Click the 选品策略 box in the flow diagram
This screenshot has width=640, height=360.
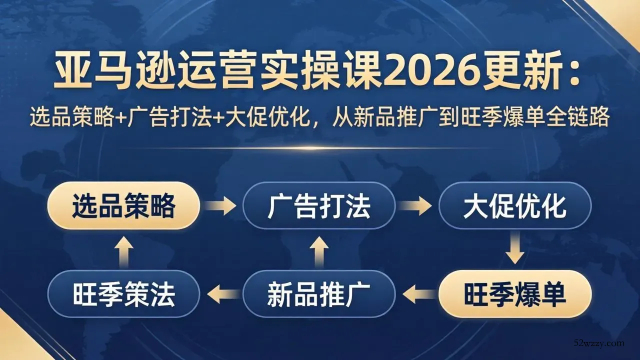(123, 205)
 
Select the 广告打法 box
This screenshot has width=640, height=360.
(318, 205)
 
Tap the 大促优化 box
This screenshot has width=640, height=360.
(514, 205)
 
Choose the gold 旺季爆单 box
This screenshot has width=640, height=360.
(514, 294)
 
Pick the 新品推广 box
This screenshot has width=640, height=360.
(318, 294)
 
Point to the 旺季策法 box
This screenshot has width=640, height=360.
(123, 294)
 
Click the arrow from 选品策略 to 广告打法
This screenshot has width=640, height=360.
(221, 205)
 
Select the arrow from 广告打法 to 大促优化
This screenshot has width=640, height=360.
(417, 205)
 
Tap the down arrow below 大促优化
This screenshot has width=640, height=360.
(514, 250)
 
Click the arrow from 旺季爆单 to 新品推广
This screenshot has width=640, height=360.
(417, 294)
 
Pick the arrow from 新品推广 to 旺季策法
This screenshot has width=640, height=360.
(221, 294)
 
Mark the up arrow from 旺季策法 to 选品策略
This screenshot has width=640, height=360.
(123, 250)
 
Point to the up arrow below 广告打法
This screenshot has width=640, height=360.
(319, 250)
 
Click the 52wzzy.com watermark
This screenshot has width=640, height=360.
(599, 343)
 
